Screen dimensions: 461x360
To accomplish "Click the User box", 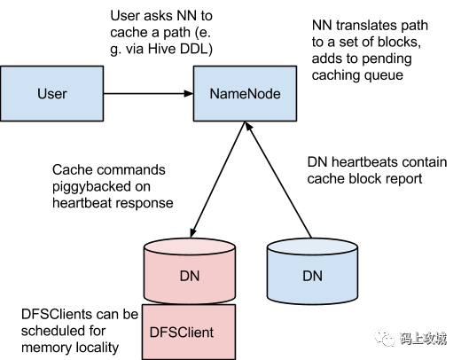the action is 52,93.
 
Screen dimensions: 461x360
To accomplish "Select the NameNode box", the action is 245,93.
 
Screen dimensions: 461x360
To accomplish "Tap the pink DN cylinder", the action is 190,271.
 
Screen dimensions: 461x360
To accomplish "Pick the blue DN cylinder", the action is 312,271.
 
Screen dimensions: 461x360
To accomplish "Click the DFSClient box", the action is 189,332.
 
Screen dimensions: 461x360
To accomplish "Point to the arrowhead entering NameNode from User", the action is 188,93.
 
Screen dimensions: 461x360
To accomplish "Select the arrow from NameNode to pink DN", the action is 218,179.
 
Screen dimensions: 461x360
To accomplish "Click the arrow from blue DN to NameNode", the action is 278,179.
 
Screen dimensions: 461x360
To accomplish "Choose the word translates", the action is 366,26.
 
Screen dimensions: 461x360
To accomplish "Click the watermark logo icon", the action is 385,338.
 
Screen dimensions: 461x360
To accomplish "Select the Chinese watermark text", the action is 423,339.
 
